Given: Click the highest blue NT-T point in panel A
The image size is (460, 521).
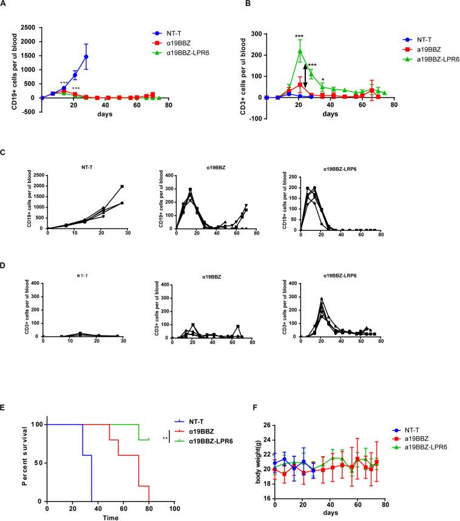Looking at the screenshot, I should coord(86,57).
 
